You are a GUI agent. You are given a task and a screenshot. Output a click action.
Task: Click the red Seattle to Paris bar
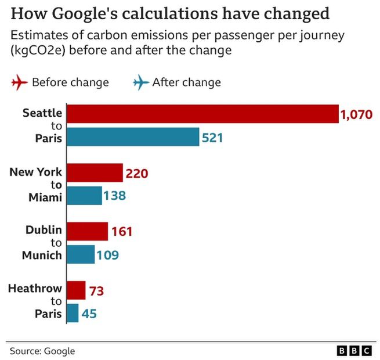[202, 114]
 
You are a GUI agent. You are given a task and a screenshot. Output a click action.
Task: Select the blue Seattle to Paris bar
[133, 138]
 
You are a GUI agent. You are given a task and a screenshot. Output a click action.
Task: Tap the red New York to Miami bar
[95, 173]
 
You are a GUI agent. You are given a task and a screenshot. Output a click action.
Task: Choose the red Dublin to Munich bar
[88, 231]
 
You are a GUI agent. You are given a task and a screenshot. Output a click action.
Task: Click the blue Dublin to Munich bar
[81, 254]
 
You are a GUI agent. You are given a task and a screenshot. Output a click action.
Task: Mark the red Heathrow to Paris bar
[77, 290]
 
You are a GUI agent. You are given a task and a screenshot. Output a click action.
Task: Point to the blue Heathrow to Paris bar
[73, 314]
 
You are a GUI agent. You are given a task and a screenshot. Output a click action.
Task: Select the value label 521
[212, 138]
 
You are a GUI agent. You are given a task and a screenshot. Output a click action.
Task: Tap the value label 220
[137, 174]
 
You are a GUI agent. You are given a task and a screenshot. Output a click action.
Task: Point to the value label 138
[115, 197]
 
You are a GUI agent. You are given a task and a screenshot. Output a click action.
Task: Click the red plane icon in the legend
[19, 82]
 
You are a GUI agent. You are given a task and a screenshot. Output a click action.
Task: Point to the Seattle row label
[41, 112]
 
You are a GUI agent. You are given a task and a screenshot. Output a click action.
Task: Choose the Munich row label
[41, 255]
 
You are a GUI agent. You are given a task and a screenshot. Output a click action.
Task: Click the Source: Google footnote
[42, 351]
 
